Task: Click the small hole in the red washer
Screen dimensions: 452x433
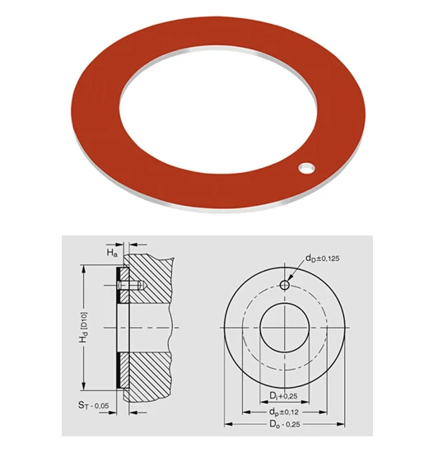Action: (x=307, y=169)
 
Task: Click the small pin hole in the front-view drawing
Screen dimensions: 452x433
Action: (x=284, y=285)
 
